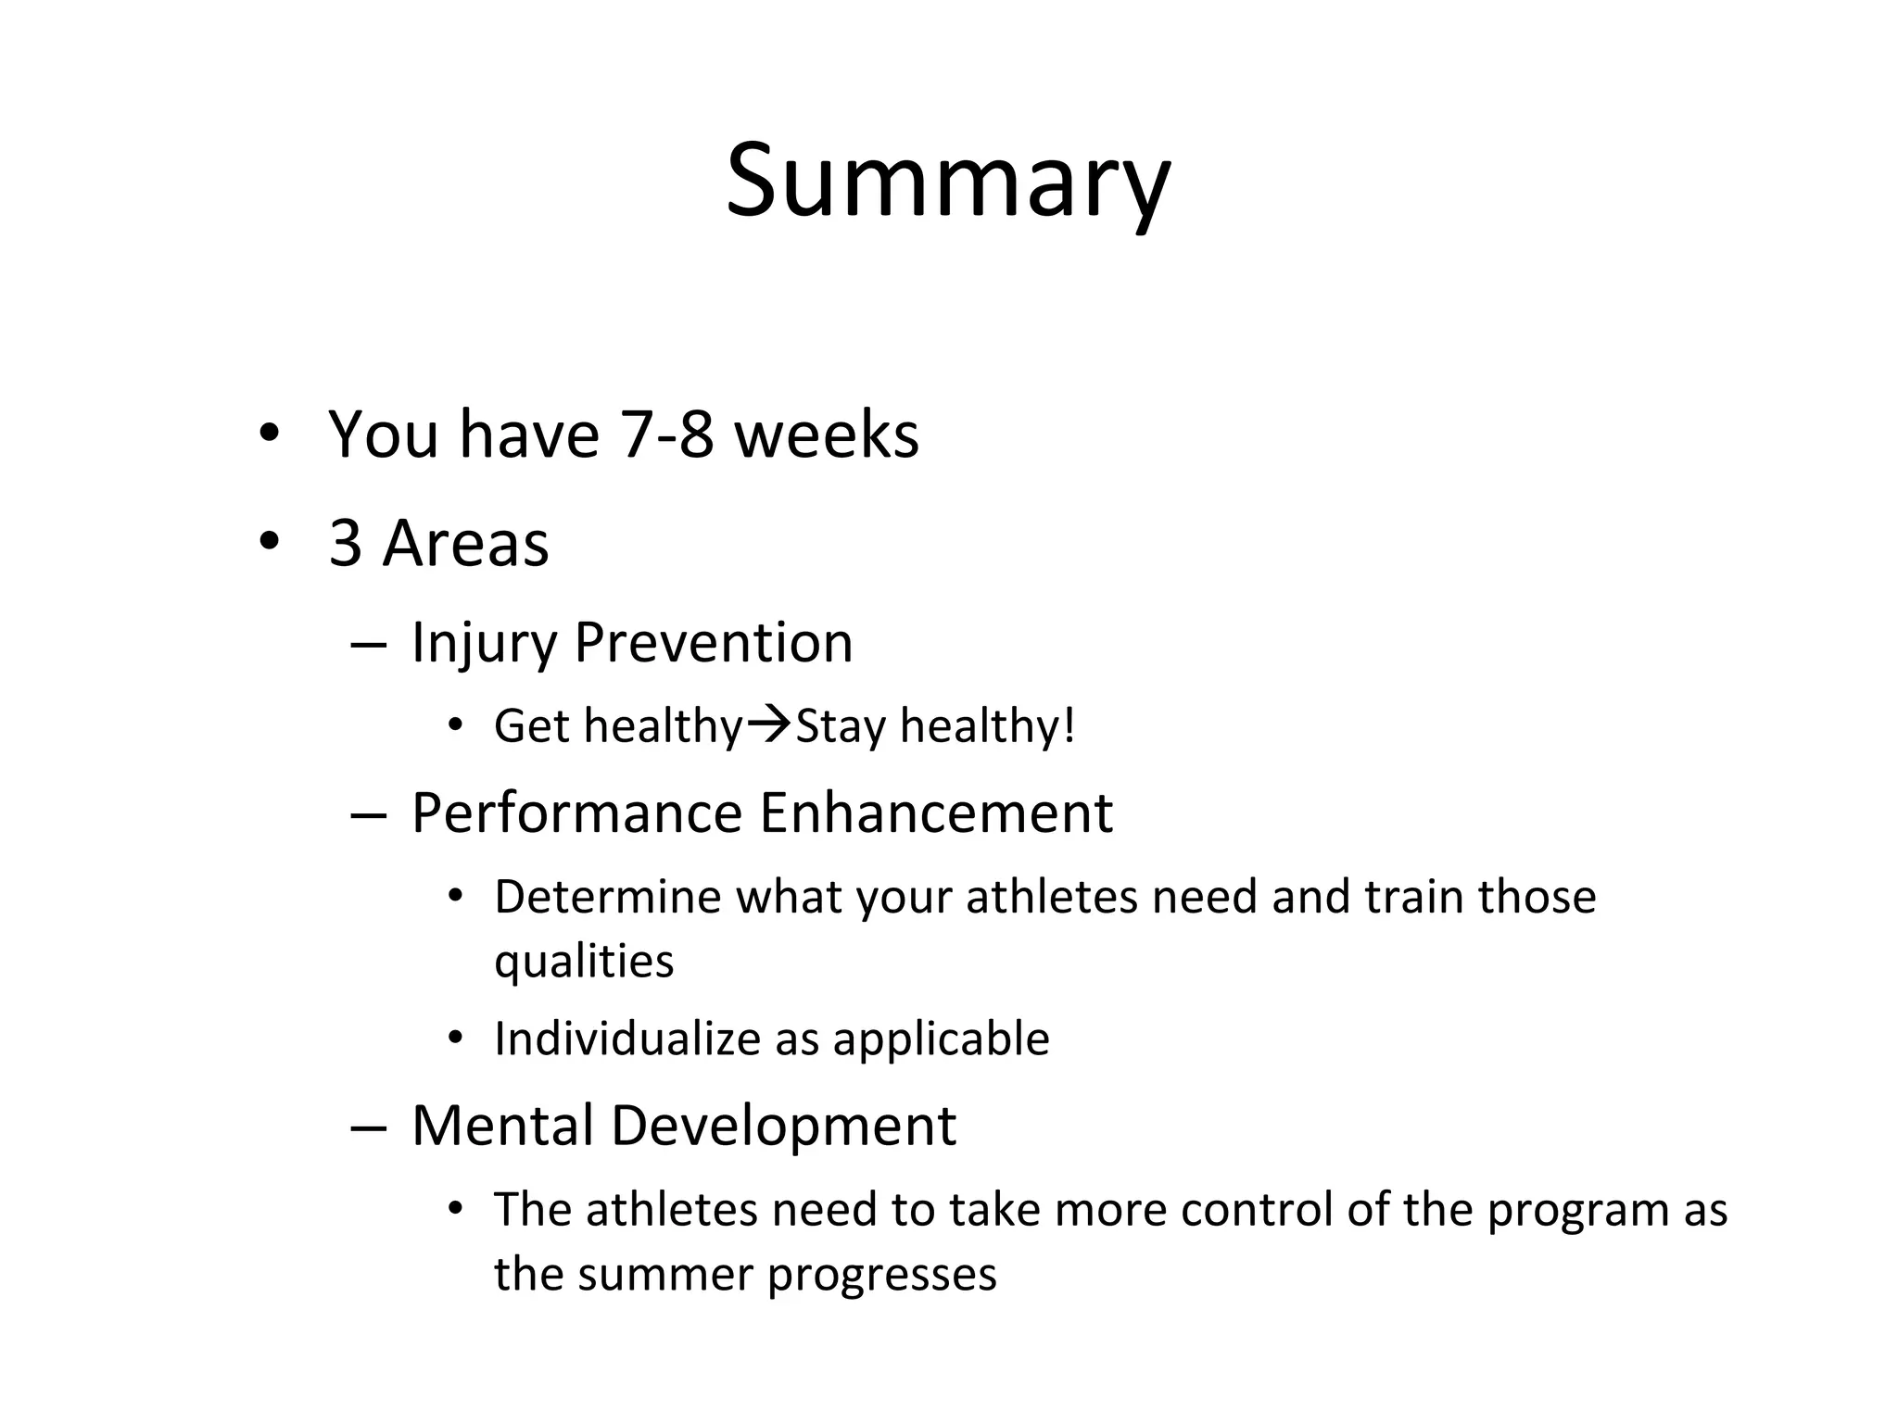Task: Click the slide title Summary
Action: (947, 181)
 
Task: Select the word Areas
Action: (466, 543)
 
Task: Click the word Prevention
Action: (713, 642)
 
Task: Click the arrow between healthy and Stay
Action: (768, 724)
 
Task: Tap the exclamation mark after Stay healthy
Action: (1069, 724)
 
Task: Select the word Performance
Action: (576, 813)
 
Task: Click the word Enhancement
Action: (936, 813)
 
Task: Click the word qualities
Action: (584, 962)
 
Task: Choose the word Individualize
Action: (627, 1039)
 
